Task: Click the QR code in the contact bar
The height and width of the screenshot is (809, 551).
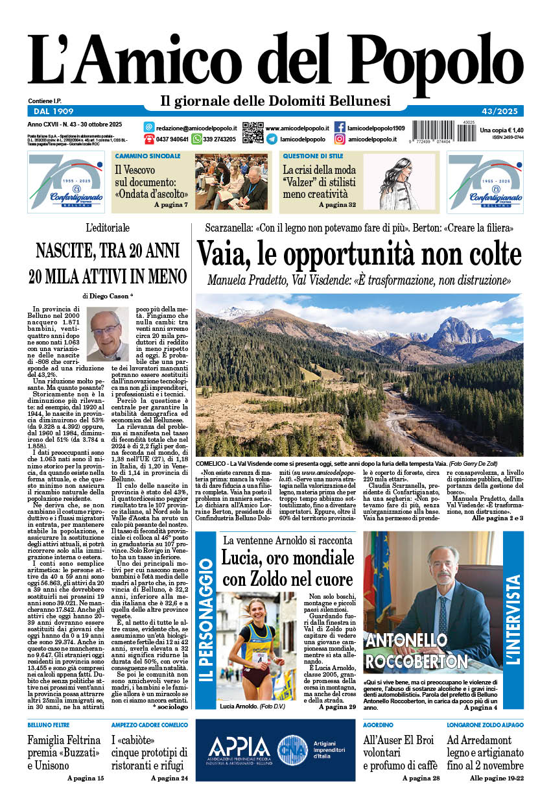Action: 253,132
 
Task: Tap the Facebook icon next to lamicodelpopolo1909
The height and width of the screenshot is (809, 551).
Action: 340,127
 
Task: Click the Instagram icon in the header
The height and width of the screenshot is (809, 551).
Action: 340,139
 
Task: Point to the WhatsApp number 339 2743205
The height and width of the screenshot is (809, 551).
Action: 219,139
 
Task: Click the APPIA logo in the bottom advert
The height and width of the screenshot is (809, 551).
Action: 239,747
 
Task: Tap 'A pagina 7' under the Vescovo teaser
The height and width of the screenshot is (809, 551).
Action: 170,205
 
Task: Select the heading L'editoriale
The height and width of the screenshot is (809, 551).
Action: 108,228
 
